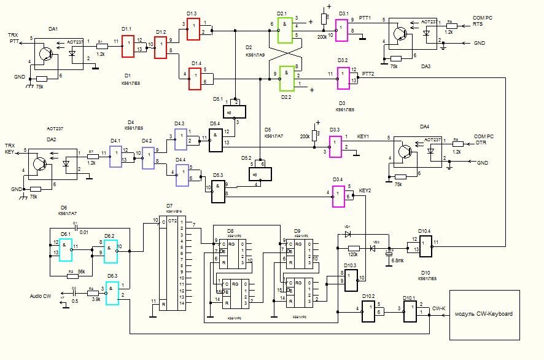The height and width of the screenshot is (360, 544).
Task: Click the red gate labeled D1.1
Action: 128,46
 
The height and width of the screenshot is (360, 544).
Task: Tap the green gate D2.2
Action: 285,76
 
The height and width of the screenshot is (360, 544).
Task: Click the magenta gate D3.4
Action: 339,197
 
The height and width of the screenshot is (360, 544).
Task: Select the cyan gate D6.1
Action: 65,248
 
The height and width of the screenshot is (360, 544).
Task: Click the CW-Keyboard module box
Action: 484,315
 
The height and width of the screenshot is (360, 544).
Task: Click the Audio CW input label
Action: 41,296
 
